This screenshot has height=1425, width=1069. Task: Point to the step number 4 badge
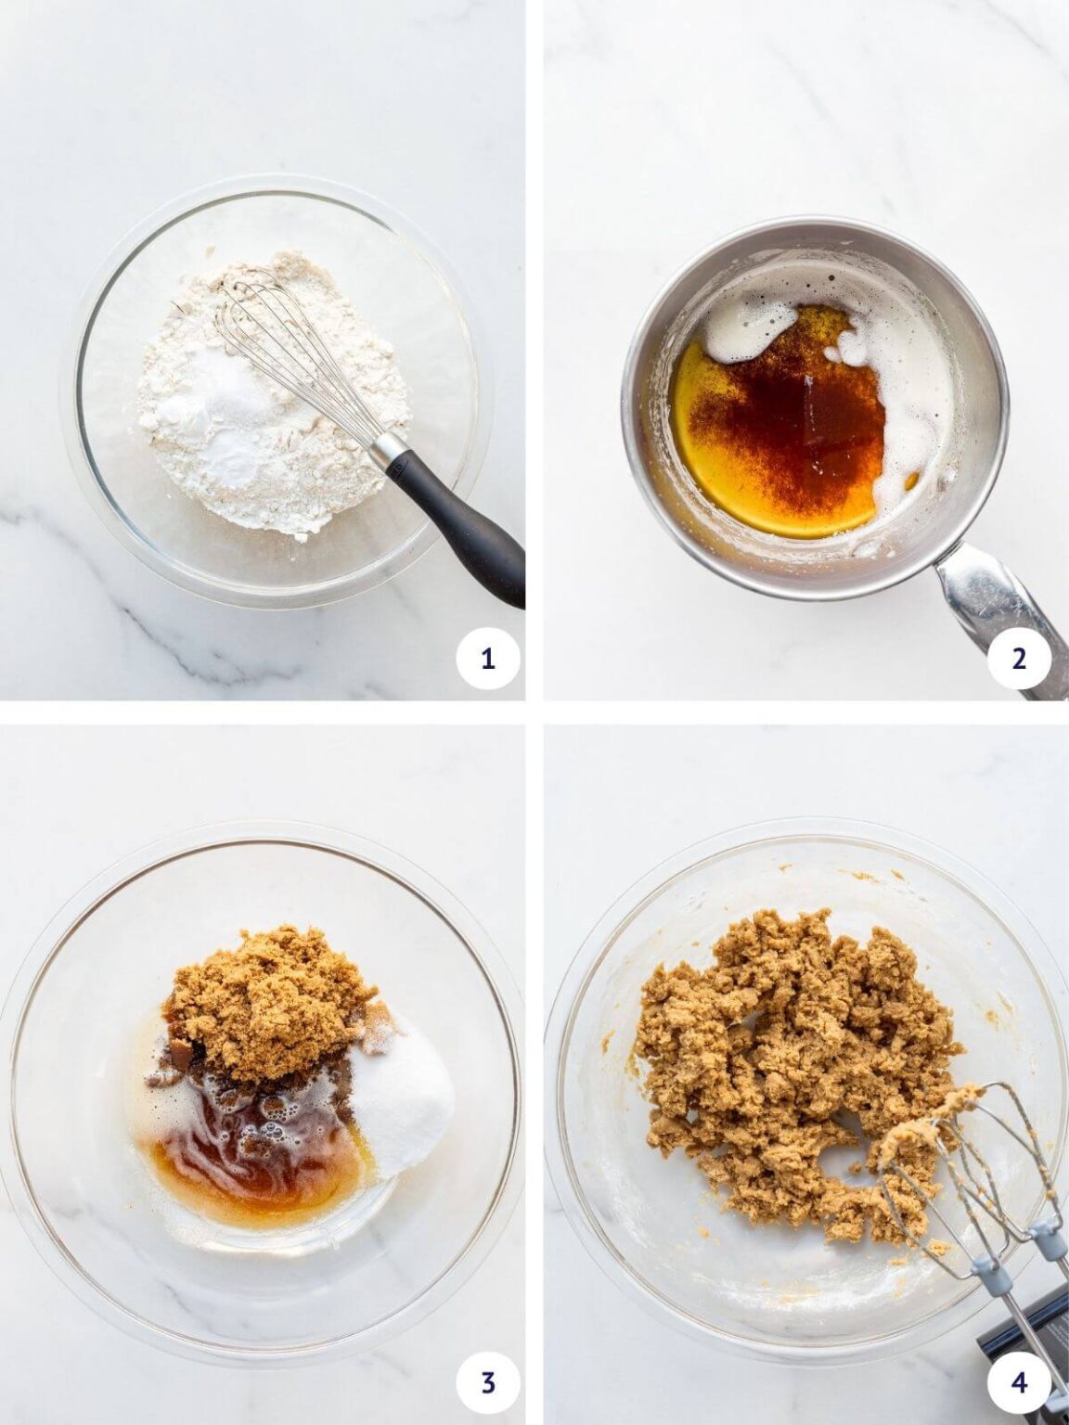1019,1383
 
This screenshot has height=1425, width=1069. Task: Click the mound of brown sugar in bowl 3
269,1011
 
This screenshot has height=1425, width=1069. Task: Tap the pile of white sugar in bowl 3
413,1099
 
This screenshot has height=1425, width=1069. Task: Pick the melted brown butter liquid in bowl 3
251,1169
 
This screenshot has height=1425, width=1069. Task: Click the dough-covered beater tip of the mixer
937,1113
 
